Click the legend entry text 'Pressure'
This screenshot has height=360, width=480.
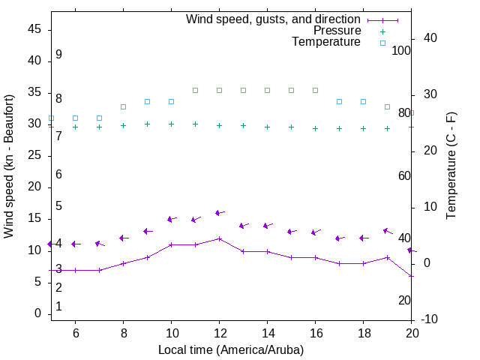[337, 31]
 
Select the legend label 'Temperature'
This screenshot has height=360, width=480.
[326, 42]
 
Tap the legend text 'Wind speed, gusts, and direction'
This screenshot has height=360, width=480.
[274, 19]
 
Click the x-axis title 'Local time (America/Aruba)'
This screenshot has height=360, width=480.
[231, 350]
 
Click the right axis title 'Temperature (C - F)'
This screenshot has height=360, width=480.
[451, 166]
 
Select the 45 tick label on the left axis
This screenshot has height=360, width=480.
[34, 29]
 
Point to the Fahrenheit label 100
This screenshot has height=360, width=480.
[401, 50]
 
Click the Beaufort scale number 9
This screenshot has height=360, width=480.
[58, 55]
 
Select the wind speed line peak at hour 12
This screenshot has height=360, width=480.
[219, 238]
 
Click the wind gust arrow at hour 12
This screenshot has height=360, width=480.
[219, 213]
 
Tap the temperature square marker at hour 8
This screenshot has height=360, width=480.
[123, 106]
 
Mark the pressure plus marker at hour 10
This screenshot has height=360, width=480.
[171, 124]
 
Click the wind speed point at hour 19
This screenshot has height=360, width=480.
[387, 257]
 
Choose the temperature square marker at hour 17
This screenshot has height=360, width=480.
[339, 101]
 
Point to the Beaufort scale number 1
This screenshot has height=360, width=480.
[58, 307]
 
